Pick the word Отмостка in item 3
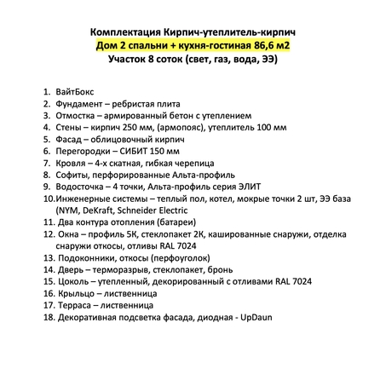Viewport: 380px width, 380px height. pos(75,113)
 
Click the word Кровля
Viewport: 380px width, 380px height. pos(70,161)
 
